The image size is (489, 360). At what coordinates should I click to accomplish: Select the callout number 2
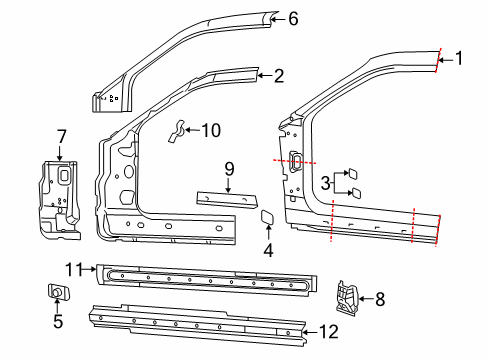click(279, 74)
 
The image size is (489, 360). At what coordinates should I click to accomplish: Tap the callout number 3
click(324, 181)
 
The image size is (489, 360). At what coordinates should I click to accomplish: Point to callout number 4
click(267, 250)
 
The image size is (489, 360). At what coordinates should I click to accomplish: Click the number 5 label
click(57, 321)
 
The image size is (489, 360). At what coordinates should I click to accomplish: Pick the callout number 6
click(293, 18)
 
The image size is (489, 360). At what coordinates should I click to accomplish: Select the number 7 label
click(60, 135)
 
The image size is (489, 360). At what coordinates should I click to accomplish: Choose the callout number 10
click(210, 129)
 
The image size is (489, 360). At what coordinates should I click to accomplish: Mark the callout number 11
click(71, 268)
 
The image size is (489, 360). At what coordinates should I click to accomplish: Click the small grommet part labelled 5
click(57, 292)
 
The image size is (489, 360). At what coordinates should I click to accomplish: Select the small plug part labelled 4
click(268, 216)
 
